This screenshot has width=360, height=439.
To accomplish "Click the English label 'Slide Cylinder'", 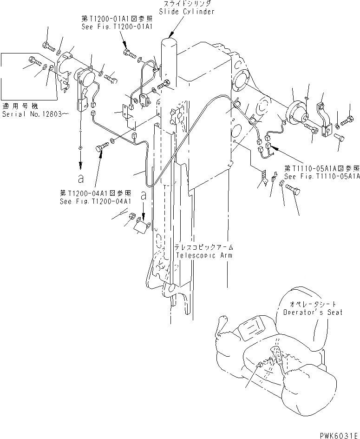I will (x=187, y=12).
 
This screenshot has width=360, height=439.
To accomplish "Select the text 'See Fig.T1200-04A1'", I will (x=95, y=201).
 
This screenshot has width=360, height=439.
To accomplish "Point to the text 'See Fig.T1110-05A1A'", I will (x=323, y=177).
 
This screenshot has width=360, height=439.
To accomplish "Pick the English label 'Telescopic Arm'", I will (x=204, y=255).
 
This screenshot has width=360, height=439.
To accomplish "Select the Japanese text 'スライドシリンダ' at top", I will (x=187, y=4).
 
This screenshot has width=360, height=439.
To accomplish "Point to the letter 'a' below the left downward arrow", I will (x=81, y=178).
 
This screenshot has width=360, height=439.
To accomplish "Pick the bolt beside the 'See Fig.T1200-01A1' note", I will (x=129, y=53).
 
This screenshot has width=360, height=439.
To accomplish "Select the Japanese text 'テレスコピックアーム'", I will (x=204, y=247).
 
